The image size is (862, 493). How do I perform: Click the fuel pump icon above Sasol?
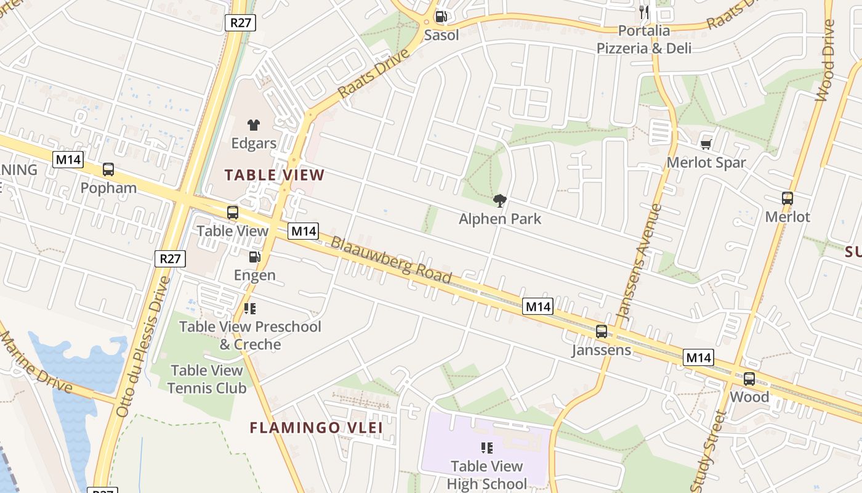tap(441, 17)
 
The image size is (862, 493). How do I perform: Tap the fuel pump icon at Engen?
tap(254, 257)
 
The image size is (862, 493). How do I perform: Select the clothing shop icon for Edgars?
tap(254, 125)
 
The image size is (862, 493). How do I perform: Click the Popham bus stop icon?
tap(108, 169)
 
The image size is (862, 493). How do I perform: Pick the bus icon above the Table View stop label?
tap(233, 213)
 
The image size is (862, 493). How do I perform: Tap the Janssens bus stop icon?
tap(602, 332)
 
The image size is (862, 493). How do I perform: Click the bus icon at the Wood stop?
tap(749, 379)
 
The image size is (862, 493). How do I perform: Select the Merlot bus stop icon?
tap(787, 198)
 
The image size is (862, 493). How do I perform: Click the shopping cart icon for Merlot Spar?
tap(706, 144)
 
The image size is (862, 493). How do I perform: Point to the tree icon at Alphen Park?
tap(500, 200)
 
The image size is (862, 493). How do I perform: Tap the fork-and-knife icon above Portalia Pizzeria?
tap(644, 12)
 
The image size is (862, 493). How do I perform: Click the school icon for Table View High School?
tap(487, 448)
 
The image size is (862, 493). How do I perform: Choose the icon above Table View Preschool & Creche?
tap(250, 308)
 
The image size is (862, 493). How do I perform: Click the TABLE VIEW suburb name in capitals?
tap(274, 175)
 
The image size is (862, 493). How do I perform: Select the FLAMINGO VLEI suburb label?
tap(316, 428)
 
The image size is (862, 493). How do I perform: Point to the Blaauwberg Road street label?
tap(392, 259)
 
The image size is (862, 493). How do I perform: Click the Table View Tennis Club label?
tap(207, 379)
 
